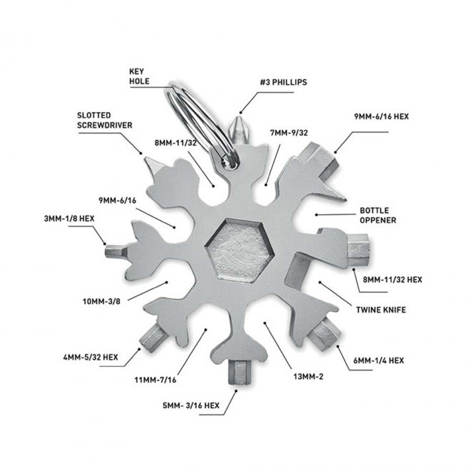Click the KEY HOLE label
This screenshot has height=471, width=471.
pos(139,76)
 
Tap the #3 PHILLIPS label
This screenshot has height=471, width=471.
pos(283,82)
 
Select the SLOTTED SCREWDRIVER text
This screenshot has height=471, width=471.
pos(104,120)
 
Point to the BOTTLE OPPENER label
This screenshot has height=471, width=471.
pos(378,216)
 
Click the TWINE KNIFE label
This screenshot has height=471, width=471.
pos(381,310)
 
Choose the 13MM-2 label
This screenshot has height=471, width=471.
pos(308,376)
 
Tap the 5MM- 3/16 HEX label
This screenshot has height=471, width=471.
pos(191,405)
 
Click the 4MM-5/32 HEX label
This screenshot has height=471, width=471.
pos(91,357)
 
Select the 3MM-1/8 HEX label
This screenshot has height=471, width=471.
pos(69,218)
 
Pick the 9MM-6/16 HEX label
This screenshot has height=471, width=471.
pos(382,116)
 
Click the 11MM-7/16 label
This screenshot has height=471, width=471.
pos(156,380)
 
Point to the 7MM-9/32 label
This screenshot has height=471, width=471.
pos(289,133)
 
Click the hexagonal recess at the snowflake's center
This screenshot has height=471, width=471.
pos(239,250)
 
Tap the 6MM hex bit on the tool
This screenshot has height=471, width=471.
pos(325,334)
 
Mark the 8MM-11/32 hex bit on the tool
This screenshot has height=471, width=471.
pos(358,250)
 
